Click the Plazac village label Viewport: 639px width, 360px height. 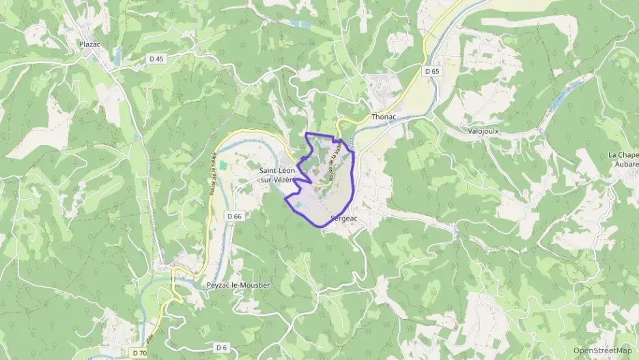tap(90, 44)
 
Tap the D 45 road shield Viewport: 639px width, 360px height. tap(157, 59)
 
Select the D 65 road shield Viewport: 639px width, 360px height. tap(431, 71)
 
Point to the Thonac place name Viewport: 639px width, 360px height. tap(383, 117)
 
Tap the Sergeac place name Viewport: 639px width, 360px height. tap(343, 219)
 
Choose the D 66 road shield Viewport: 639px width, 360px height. tap(234, 217)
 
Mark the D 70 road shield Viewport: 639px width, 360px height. tap(139, 352)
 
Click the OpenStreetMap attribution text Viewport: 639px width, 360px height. tap(603, 350)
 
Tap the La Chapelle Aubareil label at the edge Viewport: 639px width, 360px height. tap(623, 160)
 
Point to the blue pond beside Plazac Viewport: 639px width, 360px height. tap(119, 55)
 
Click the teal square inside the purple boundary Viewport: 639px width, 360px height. tap(298, 205)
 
